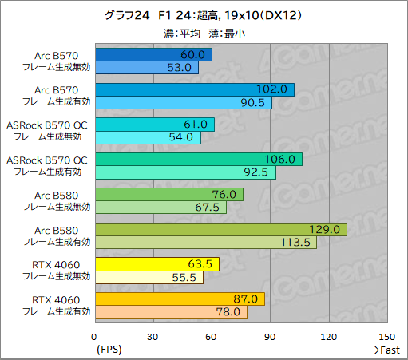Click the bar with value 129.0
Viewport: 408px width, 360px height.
[220, 230]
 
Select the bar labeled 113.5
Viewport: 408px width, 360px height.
[205, 243]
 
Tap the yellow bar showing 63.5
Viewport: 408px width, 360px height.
[156, 264]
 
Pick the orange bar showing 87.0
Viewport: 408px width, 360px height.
[180, 299]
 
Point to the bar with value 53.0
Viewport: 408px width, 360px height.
[146, 68]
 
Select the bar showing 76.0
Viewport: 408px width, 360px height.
[168, 195]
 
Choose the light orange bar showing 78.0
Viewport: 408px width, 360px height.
[171, 313]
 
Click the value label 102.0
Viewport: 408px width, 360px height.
[275, 89]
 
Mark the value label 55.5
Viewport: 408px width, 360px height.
[184, 278]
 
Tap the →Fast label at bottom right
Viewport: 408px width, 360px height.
[384, 350]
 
